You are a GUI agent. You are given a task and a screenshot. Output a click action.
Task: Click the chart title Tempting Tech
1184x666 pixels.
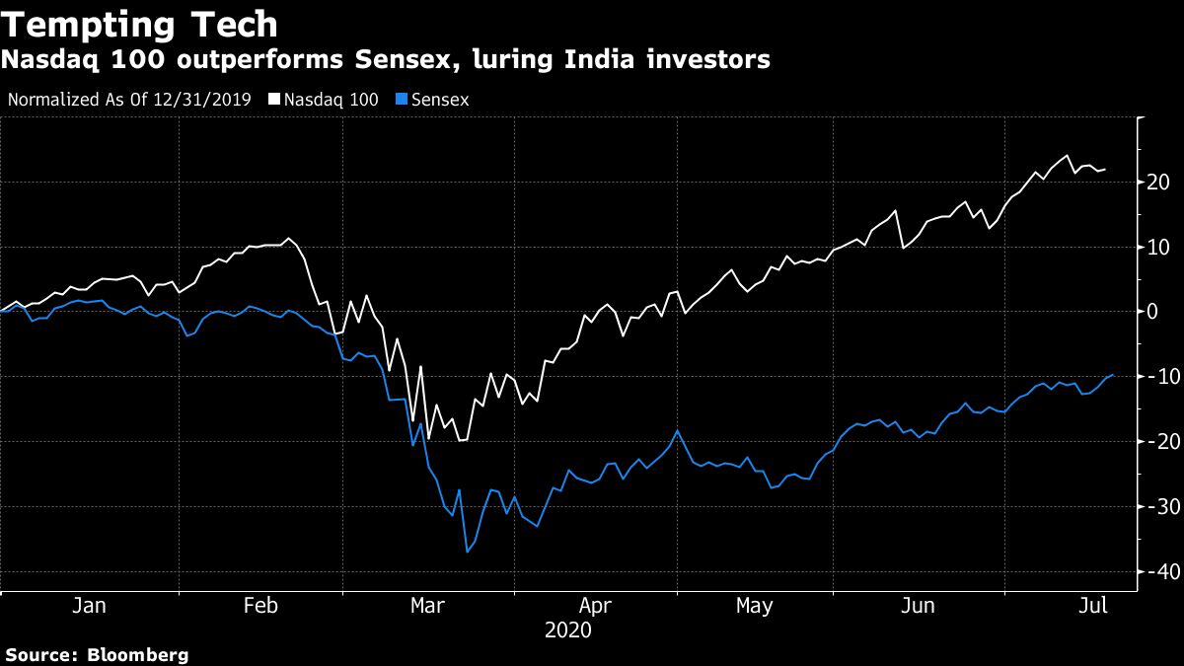coord(139,24)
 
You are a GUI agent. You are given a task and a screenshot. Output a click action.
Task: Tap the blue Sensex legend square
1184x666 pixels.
coord(401,100)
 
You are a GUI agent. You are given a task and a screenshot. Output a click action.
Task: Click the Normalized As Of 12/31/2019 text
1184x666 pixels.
coord(129,100)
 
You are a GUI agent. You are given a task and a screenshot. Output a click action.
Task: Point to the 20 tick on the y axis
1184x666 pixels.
coord(1158,183)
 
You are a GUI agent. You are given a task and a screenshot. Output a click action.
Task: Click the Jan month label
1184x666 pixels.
coord(89,606)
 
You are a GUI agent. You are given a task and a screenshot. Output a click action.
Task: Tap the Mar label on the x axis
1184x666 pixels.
coord(427,606)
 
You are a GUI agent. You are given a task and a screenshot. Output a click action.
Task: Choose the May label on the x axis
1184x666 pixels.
coord(755,606)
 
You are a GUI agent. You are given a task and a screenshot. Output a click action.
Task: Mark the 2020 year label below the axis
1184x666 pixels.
coord(567,629)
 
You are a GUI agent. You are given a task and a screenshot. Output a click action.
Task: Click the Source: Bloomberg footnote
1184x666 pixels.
coord(97,654)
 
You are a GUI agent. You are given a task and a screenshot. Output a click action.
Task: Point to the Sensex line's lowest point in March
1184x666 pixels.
coord(467,552)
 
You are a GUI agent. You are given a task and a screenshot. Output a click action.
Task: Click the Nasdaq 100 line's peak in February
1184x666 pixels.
coord(288,239)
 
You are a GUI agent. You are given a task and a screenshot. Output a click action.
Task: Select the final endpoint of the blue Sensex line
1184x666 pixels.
coord(1113,375)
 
